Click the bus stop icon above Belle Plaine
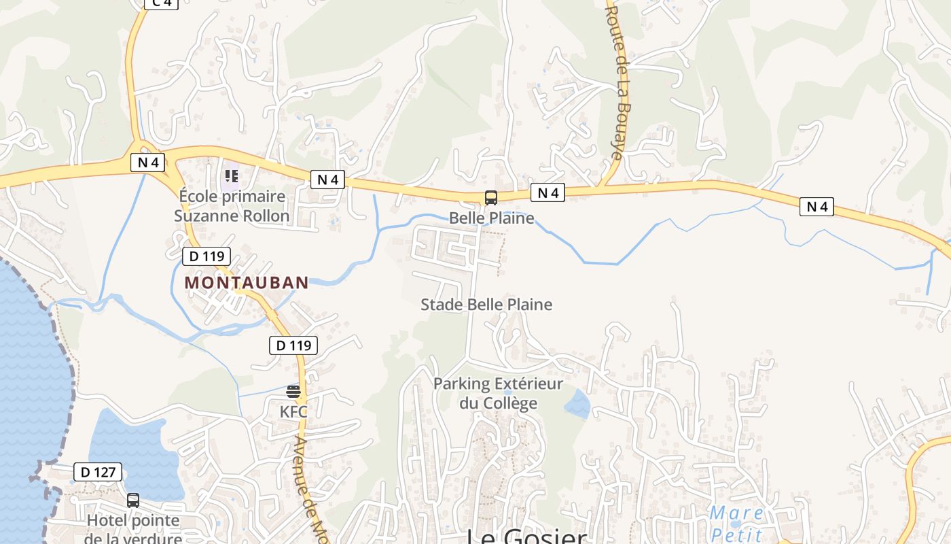click(490, 198)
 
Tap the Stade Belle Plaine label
click(486, 305)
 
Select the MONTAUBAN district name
click(246, 282)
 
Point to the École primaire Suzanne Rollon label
click(232, 206)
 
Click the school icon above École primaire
click(231, 176)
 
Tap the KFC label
click(293, 411)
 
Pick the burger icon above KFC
click(293, 391)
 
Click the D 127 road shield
click(98, 472)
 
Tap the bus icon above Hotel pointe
click(133, 500)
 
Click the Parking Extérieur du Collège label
click(498, 393)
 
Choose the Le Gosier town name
click(526, 537)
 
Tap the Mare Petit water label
click(736, 523)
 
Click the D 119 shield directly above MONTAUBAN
click(207, 256)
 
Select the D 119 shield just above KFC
click(293, 345)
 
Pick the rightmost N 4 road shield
click(817, 207)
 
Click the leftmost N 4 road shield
click(147, 163)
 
